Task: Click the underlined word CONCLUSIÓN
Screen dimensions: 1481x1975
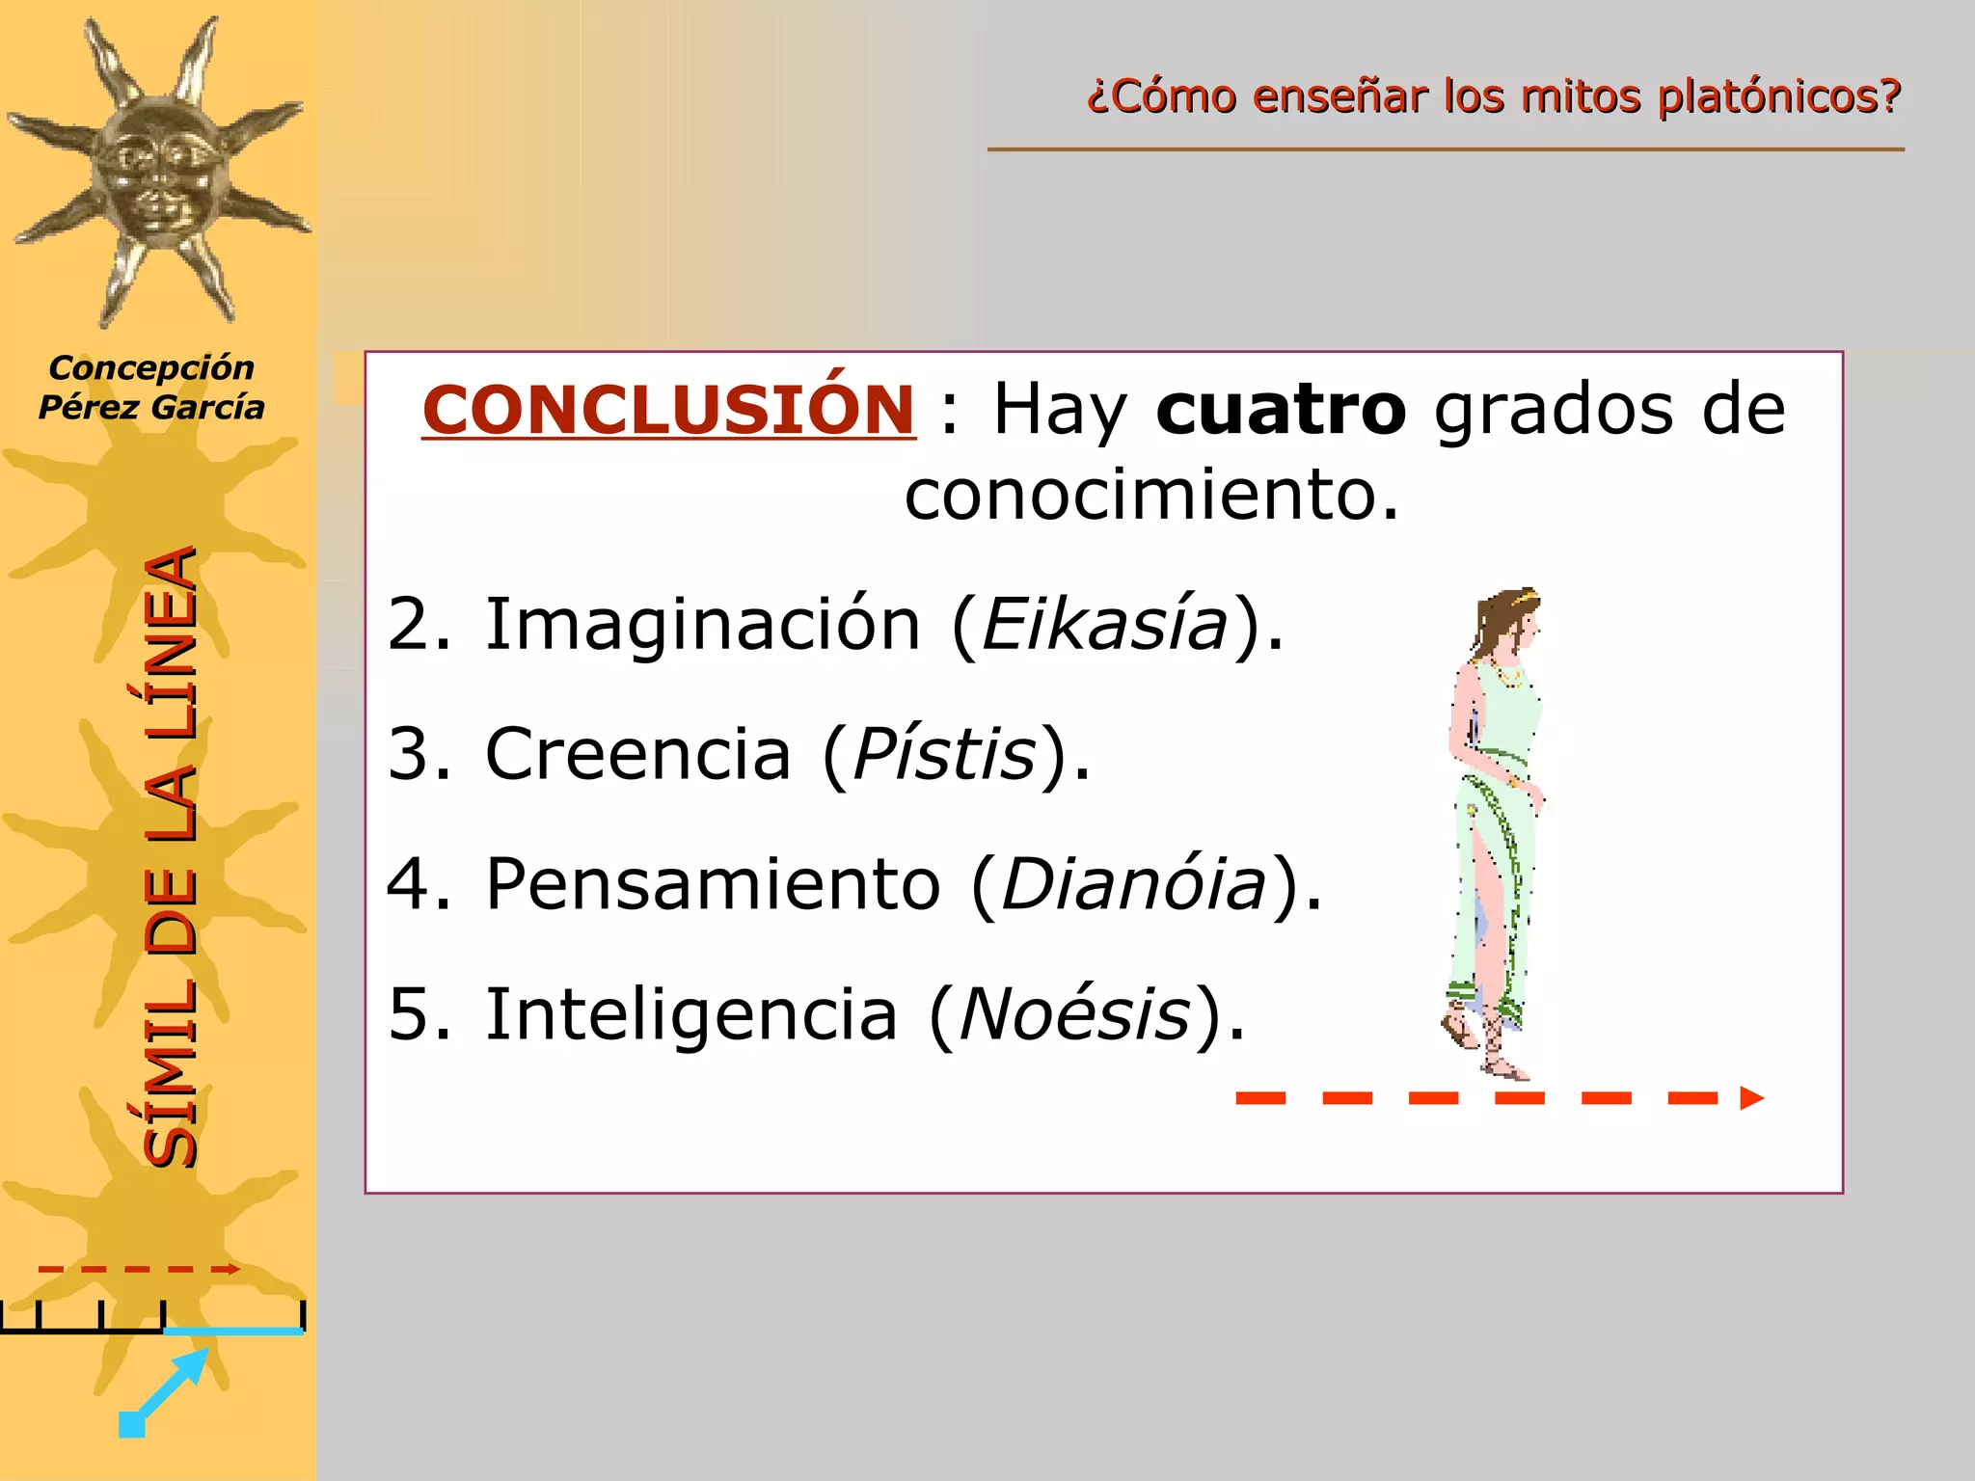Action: click(668, 410)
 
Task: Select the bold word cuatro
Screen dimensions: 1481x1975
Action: click(1281, 410)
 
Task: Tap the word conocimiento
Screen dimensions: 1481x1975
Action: click(1150, 495)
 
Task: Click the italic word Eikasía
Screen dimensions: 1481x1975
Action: click(1104, 625)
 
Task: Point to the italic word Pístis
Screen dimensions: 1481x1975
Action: click(944, 754)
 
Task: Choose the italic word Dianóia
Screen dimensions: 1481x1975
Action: click(1133, 884)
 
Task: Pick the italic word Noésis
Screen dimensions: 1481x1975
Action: click(1074, 1014)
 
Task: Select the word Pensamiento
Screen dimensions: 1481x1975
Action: click(713, 884)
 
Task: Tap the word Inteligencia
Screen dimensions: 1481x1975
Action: click(690, 1014)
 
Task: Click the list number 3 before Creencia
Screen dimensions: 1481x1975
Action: click(419, 754)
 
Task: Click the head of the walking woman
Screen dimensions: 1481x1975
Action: click(1508, 622)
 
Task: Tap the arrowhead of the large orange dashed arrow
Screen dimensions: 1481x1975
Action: click(1751, 1098)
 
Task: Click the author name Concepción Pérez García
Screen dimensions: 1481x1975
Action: click(151, 388)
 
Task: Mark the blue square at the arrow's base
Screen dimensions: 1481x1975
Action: click(131, 1424)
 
